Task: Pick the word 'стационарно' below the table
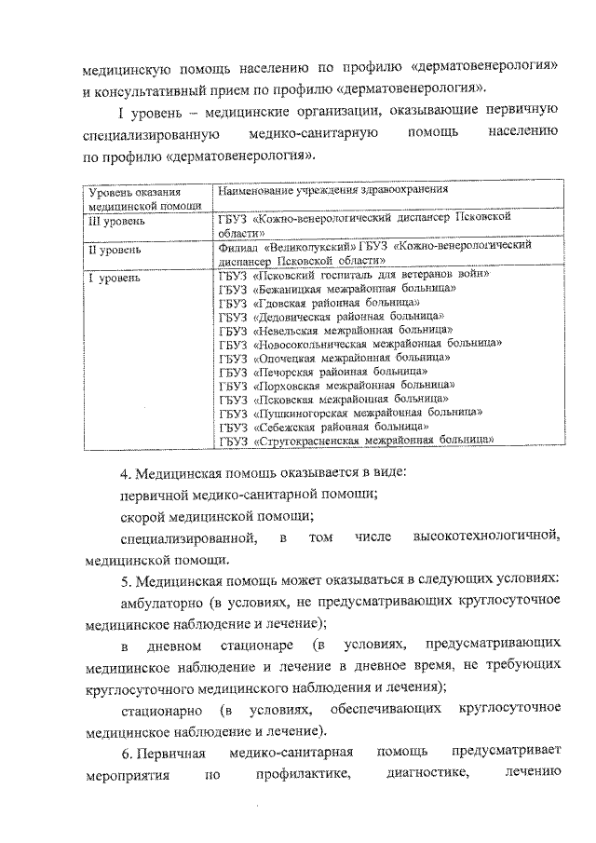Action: pos(159,712)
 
